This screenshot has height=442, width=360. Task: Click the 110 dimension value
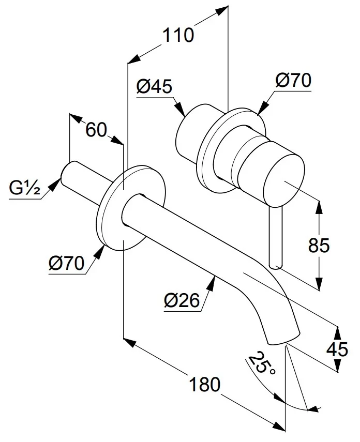(x=178, y=36)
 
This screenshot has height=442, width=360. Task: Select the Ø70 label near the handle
(x=292, y=81)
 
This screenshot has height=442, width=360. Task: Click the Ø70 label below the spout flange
(x=67, y=264)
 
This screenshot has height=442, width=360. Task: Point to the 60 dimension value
(x=96, y=129)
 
